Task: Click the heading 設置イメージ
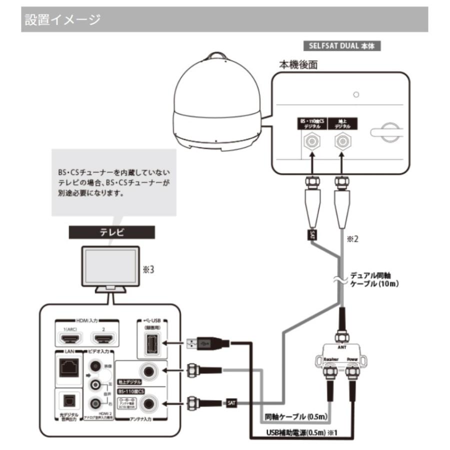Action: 62,20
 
